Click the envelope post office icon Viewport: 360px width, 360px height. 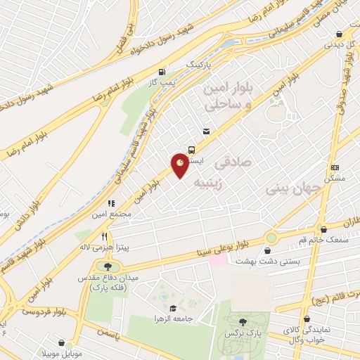[205, 131]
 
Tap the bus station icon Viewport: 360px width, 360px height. [192, 148]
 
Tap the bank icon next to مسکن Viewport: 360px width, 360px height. [335, 167]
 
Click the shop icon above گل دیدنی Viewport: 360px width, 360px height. [340, 33]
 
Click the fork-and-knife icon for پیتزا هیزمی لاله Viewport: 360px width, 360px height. [104, 236]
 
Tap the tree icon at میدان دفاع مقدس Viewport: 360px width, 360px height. [108, 266]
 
